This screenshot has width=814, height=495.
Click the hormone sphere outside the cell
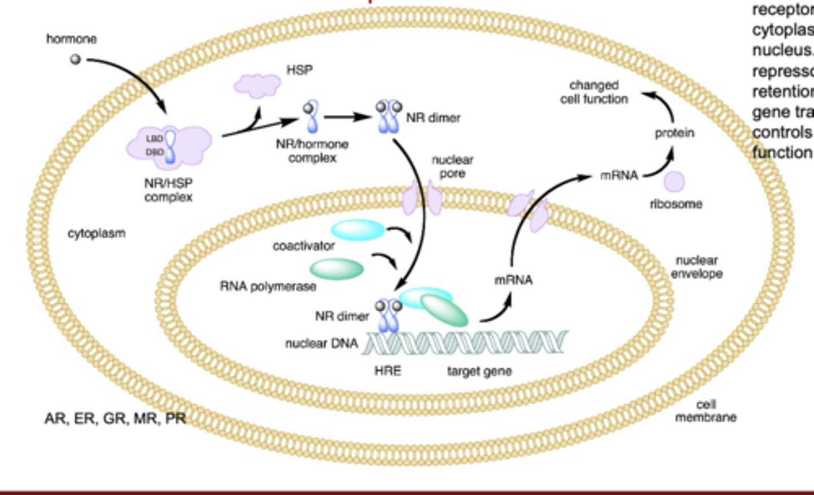coord(75,59)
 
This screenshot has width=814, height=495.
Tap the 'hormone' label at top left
coord(71,39)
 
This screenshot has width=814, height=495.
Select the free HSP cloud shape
coord(257,85)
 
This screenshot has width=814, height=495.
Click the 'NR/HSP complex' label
coord(168,190)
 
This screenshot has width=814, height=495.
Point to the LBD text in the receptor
coord(154,139)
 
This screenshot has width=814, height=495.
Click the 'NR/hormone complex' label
coord(312,151)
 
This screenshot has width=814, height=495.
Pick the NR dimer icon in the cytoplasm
coord(389,117)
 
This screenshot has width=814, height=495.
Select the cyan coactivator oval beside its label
coord(357,230)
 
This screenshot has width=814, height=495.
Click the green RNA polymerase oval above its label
coord(337,269)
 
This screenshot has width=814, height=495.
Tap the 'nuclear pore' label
coord(452,167)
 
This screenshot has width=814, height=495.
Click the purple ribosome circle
coord(674,182)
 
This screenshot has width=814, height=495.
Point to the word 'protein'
coord(674,133)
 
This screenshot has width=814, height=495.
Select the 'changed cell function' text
coord(594,92)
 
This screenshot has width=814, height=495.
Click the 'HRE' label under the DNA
coord(388,371)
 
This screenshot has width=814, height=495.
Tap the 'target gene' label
coord(479,372)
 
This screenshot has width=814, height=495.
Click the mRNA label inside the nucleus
coord(513,280)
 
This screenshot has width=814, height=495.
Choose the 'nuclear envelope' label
coord(696,267)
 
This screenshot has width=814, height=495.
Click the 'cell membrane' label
coord(705,411)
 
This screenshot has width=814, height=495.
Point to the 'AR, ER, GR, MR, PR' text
coord(115,419)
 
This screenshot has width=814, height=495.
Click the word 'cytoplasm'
coord(97,233)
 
